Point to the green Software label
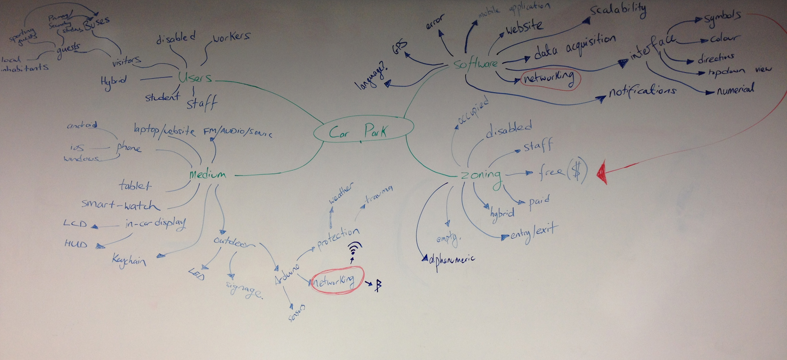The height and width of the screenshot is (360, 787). [475, 64]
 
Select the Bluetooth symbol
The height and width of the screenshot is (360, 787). [378, 285]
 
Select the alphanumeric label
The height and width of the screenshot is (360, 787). [452, 260]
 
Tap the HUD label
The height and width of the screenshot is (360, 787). [76, 244]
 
